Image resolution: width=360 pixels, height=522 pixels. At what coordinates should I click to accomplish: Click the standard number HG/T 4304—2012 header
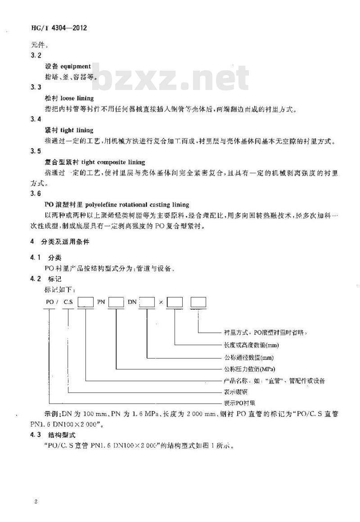tap(58, 28)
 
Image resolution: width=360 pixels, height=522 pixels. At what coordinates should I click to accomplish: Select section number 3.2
tap(35, 56)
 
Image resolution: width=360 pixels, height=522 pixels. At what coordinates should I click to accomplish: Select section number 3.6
tap(35, 194)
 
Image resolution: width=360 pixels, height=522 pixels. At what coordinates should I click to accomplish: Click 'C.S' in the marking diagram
tap(68, 303)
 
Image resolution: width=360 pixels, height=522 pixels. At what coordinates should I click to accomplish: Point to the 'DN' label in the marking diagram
tap(132, 303)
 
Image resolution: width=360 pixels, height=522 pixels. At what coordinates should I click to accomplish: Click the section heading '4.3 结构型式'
tap(55, 435)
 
